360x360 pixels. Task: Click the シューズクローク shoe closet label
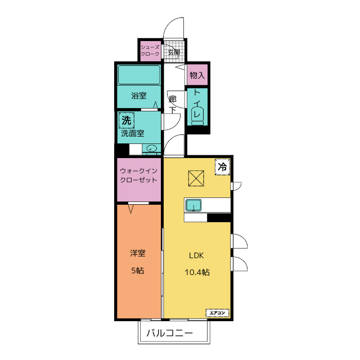click(150, 51)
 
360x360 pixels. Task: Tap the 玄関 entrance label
click(174, 52)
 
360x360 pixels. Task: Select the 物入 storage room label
click(197, 75)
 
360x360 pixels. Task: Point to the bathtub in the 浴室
click(139, 75)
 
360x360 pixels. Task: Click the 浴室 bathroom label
click(139, 96)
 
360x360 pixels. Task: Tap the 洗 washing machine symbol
click(126, 120)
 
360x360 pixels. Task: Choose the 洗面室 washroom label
click(133, 133)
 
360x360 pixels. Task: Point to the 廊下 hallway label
click(173, 105)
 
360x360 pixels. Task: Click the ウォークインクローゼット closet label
click(139, 175)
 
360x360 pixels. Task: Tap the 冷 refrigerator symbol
click(222, 167)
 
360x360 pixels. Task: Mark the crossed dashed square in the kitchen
click(196, 178)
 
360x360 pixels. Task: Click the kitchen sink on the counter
click(193, 205)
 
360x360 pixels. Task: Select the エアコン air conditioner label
click(218, 313)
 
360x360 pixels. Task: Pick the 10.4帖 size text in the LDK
click(197, 272)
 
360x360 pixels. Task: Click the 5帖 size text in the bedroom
click(138, 271)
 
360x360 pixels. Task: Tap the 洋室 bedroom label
click(138, 253)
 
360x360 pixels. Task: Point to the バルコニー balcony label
click(170, 333)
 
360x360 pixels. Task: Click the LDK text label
click(196, 255)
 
